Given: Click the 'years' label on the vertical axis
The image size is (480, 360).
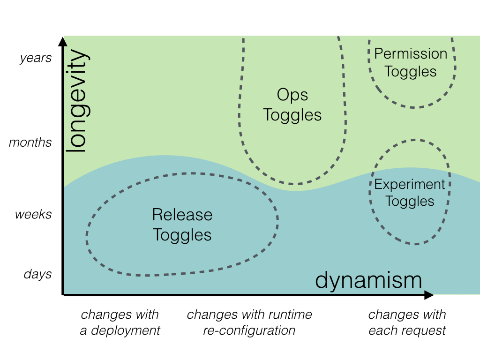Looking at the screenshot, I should [x=36, y=58].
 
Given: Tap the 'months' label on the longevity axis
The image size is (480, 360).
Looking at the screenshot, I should [x=30, y=142].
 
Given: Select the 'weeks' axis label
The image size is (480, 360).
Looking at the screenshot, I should [x=33, y=215].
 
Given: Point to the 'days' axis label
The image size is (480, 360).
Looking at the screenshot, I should [x=37, y=274].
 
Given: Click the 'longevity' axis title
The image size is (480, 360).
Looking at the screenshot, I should [x=76, y=101].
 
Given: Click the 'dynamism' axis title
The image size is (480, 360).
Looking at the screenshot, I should [x=368, y=280].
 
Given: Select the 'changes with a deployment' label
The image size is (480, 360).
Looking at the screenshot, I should [x=120, y=322].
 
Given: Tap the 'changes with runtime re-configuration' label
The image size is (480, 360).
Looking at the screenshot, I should [x=249, y=322].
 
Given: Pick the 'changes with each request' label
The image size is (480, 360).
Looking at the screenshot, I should [x=407, y=322].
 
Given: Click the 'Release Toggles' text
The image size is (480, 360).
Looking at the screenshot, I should [x=182, y=225].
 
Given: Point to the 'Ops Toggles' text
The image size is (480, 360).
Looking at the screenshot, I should [x=292, y=105].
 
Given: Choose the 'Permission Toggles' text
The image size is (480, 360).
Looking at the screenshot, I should [x=411, y=62].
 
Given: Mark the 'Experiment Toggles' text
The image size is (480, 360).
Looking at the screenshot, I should [x=410, y=193].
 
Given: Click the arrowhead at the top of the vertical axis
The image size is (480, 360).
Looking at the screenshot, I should [x=63, y=41].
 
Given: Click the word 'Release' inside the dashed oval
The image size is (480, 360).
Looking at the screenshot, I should [x=182, y=215].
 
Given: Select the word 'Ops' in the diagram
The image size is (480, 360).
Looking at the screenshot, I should [x=292, y=95].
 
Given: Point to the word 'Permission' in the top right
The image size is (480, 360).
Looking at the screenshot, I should [x=411, y=54].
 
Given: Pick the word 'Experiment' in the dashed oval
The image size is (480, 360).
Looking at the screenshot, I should [x=410, y=184].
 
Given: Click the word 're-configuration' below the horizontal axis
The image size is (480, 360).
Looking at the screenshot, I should [x=249, y=330].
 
